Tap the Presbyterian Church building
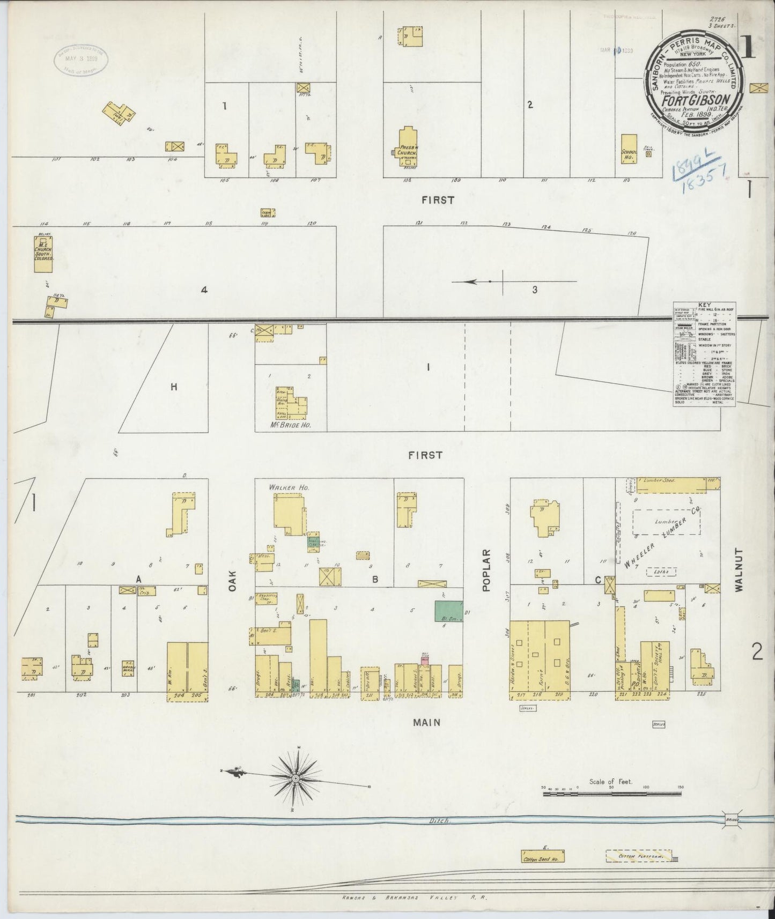(405, 143)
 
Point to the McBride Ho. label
(291, 425)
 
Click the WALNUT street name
(740, 569)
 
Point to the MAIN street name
(427, 722)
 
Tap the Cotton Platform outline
(639, 857)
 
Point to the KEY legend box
(704, 354)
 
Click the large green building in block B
(449, 611)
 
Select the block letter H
(174, 387)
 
